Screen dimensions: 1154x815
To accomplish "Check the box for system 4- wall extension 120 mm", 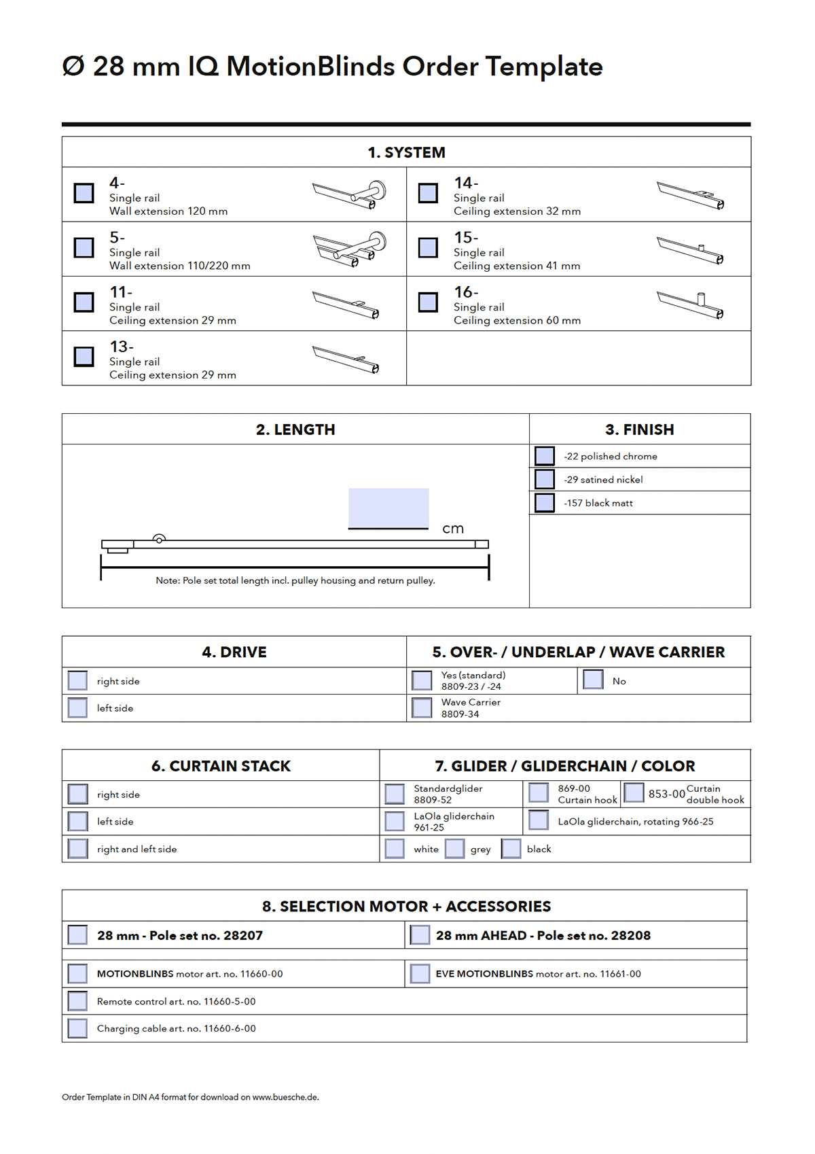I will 84,193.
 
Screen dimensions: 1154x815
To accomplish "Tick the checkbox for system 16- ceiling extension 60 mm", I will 428,302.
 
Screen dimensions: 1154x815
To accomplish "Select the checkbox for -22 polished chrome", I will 545,456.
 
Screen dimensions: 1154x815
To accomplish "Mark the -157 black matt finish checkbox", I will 545,503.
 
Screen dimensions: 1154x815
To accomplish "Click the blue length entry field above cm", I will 388,507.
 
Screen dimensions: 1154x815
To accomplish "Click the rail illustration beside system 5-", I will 349,249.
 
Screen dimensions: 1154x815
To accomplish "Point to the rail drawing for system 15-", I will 690,251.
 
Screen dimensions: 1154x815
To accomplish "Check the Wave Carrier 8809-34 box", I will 422,707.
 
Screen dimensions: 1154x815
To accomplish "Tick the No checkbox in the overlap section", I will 593,680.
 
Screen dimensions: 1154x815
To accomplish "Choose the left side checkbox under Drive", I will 78,707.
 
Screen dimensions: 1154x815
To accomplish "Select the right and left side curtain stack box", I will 78,848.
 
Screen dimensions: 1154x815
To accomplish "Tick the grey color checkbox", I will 455,848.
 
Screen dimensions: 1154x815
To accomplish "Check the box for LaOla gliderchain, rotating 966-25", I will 539,820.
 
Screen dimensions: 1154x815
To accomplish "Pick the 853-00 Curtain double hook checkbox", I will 634,792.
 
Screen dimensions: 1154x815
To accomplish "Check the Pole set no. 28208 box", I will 420,935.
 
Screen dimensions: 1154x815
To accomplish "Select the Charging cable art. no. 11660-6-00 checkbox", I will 78,1028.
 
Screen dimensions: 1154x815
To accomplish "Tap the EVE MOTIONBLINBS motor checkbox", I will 420,973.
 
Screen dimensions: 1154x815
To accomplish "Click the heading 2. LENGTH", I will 295,430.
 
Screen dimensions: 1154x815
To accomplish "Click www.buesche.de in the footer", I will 285,1097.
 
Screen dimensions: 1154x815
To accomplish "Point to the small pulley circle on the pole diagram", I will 159,540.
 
